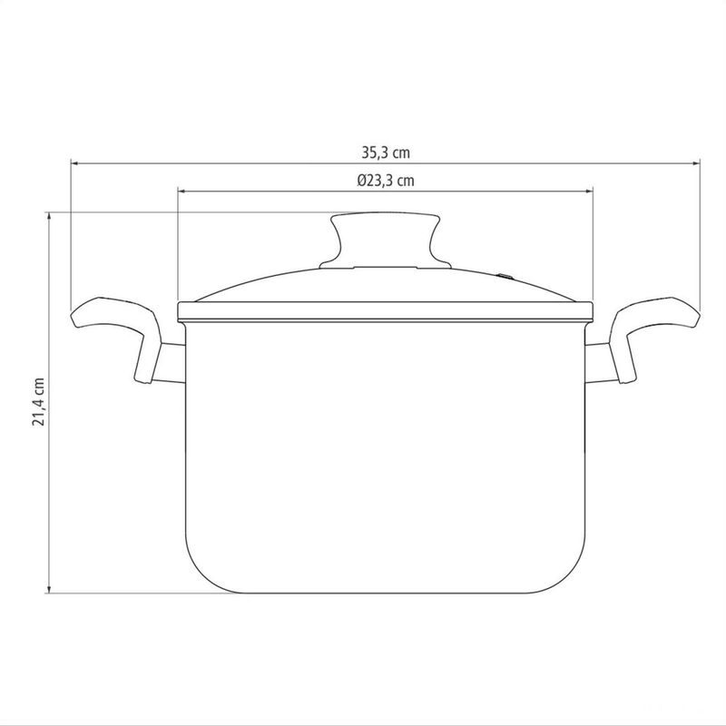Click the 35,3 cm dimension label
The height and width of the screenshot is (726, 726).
pyautogui.click(x=386, y=152)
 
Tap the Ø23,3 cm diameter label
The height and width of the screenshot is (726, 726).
pyautogui.click(x=386, y=180)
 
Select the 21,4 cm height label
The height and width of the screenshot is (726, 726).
pyautogui.click(x=38, y=401)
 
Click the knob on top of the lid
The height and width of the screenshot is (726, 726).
pyautogui.click(x=385, y=240)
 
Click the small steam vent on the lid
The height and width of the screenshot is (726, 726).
pyautogui.click(x=505, y=277)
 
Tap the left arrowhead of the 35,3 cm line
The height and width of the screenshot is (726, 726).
pyautogui.click(x=74, y=163)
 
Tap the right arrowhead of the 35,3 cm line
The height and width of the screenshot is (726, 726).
pyautogui.click(x=696, y=163)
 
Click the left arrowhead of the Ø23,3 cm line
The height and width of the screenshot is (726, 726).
pyautogui.click(x=181, y=191)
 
